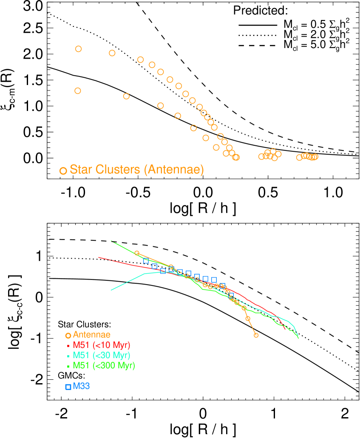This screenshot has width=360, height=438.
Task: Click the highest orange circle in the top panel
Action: [78, 49]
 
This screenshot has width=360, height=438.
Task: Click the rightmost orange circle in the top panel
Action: [315, 157]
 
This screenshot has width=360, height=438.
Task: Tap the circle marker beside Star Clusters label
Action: [63, 171]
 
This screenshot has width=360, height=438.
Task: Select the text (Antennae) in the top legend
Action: [174, 170]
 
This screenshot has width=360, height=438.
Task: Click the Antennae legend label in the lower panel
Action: [91, 335]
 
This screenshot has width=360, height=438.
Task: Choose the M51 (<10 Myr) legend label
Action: [102, 345]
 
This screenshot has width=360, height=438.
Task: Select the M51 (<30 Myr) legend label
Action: [102, 355]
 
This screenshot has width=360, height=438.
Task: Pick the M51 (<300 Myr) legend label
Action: [104, 365]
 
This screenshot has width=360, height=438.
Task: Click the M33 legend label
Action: [81, 386]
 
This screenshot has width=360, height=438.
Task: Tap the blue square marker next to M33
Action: [68, 387]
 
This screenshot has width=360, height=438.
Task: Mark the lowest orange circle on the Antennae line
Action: [256, 335]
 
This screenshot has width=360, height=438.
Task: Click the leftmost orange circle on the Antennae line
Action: [137, 253]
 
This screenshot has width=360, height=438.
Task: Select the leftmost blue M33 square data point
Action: [146, 261]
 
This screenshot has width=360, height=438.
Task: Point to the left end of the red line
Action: [99, 257]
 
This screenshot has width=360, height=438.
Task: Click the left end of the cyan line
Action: [111, 290]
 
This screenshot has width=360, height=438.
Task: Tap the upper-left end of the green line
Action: [111, 241]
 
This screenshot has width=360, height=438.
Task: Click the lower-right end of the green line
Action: [298, 338]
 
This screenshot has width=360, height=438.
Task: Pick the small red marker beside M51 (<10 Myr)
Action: [68, 345]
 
